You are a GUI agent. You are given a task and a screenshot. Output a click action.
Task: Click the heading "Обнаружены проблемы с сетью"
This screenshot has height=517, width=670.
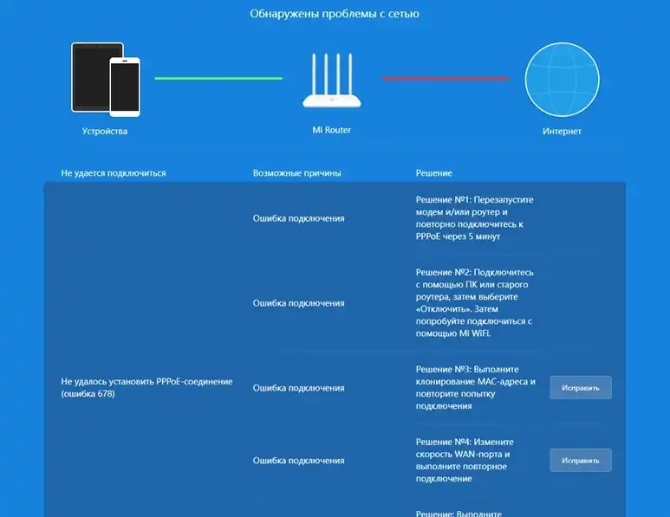[335, 14]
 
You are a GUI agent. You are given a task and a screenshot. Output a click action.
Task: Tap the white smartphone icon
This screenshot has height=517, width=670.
[125, 87]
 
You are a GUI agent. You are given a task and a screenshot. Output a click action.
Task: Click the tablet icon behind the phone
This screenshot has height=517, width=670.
[91, 77]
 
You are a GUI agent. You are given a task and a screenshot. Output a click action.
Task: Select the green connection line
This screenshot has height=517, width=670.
[218, 78]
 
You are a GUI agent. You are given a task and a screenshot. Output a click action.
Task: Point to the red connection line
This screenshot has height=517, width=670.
[446, 79]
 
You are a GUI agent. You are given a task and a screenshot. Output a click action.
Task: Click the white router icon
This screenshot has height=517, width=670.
[332, 81]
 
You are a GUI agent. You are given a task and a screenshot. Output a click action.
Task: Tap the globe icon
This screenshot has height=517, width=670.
[562, 80]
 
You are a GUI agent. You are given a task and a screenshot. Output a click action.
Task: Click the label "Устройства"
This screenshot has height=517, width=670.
[105, 131]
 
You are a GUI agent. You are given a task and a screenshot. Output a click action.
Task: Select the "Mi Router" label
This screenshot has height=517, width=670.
[332, 130]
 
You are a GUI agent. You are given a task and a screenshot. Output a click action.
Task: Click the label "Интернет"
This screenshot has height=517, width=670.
[562, 131]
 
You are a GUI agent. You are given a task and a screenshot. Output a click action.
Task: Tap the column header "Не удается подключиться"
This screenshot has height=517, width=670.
[114, 173]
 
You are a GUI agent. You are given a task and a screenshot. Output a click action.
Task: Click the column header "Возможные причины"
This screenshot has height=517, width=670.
[297, 173]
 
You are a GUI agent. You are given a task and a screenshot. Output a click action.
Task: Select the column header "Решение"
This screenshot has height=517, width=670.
[433, 173]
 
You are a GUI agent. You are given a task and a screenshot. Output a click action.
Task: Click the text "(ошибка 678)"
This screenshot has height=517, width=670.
[88, 394]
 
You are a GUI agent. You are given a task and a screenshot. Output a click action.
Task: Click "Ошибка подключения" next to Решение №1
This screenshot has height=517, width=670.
[299, 218]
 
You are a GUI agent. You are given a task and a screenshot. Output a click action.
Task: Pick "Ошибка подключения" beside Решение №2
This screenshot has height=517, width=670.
[299, 303]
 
